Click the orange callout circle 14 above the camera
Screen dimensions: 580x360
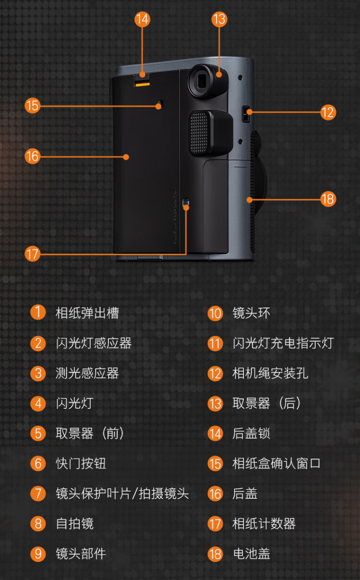(142, 19)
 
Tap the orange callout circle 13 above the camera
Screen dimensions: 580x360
(219, 19)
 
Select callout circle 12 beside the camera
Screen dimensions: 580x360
(328, 112)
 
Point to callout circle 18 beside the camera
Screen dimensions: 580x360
(328, 199)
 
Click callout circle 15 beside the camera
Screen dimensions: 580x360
(32, 105)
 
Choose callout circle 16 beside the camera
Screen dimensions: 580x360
(32, 156)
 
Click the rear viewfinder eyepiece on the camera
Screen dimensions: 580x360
(205, 81)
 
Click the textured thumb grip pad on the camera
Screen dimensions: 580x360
(200, 133)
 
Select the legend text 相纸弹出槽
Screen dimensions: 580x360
(87, 313)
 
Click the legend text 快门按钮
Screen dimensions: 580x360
(81, 463)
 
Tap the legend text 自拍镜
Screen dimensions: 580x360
(74, 523)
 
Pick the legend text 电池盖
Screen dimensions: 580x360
(251, 554)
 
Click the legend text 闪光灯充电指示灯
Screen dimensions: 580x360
(283, 343)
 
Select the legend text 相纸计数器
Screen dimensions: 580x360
(264, 523)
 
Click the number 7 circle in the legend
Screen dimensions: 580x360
(38, 494)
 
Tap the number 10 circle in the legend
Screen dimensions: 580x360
(215, 314)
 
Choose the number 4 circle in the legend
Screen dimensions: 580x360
(38, 403)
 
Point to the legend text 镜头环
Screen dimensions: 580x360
(251, 313)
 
